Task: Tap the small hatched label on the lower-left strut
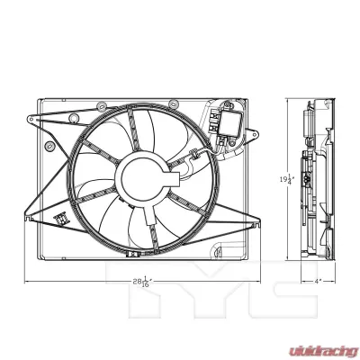62,219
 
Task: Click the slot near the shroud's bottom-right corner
236,248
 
